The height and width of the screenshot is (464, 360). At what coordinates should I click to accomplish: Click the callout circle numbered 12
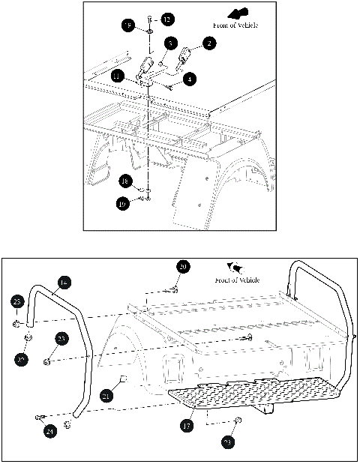pyautogui.click(x=166, y=18)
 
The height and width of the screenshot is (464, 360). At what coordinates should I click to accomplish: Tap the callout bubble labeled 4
pyautogui.click(x=191, y=77)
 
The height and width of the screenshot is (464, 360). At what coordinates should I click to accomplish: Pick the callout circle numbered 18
pyautogui.click(x=126, y=181)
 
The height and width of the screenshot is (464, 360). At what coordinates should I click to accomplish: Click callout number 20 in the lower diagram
pyautogui.click(x=184, y=266)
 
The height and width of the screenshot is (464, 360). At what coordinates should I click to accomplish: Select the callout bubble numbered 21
pyautogui.click(x=106, y=395)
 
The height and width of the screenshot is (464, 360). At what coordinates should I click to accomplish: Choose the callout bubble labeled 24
pyautogui.click(x=49, y=431)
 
